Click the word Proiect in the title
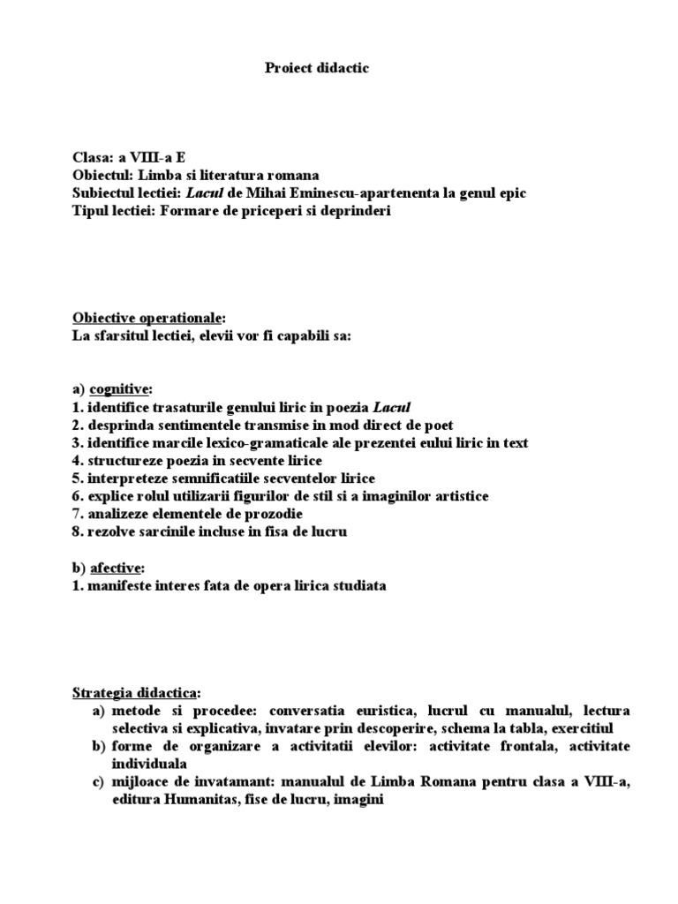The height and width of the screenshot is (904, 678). pyautogui.click(x=288, y=69)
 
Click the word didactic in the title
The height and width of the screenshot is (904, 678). pyautogui.click(x=342, y=69)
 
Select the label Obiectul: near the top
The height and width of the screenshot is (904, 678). pyautogui.click(x=102, y=176)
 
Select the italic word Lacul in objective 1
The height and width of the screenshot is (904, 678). pyautogui.click(x=392, y=407)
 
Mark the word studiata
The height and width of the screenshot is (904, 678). pyautogui.click(x=357, y=585)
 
